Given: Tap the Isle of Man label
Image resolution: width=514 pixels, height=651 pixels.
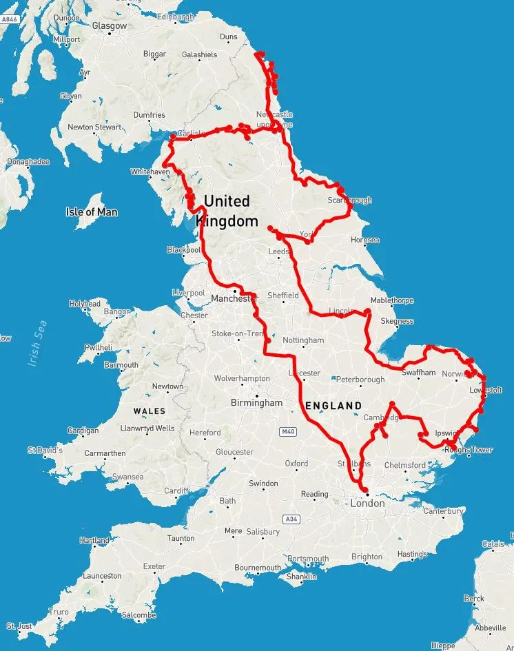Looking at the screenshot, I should tap(92, 212).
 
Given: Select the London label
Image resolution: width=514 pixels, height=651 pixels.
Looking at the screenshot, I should tap(367, 504).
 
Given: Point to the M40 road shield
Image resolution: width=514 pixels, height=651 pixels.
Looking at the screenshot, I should tap(288, 432).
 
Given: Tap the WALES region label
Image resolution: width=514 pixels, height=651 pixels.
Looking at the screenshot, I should tap(150, 411).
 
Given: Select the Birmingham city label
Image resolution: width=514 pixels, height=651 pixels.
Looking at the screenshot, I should tap(257, 402).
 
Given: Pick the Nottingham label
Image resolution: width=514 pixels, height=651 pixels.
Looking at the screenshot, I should tap(303, 340).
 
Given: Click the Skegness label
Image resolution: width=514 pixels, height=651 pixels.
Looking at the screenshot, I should tap(397, 321).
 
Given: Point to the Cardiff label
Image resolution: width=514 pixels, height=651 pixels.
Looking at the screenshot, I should tap(176, 490).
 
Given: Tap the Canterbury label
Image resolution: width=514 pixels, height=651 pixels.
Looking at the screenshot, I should tap(444, 511).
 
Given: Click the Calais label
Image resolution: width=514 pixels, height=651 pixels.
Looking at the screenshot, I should tap(493, 544).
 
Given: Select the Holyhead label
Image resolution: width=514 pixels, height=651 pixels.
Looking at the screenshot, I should tap(85, 303).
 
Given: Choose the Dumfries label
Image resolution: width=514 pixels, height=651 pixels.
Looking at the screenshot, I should tap(150, 115).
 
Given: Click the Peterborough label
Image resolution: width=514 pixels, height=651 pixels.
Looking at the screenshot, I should tap(361, 380).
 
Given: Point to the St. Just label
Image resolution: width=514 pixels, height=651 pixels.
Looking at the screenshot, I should tap(20, 626).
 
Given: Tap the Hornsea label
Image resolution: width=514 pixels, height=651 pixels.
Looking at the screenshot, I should tap(365, 240).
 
